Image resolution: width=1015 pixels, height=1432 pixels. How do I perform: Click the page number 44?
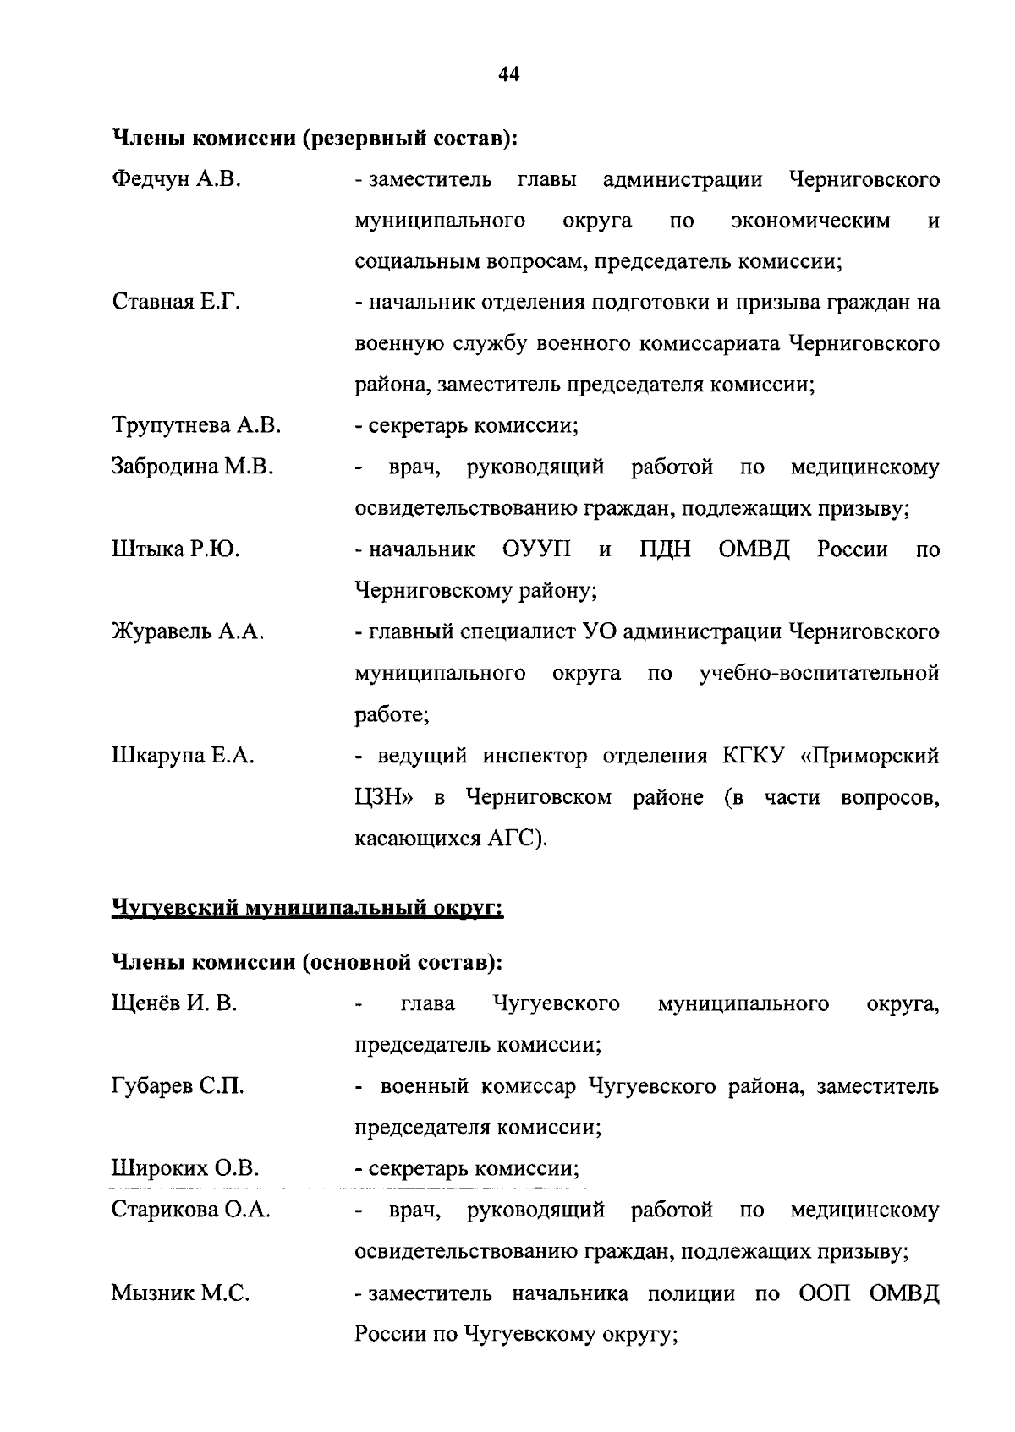[508, 74]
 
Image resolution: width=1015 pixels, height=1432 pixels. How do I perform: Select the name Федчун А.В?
[177, 179]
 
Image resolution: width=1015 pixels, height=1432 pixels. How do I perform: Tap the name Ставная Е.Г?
[176, 303]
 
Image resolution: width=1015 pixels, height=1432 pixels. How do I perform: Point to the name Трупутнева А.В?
[196, 426]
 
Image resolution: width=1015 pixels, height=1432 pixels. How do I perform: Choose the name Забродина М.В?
[192, 467]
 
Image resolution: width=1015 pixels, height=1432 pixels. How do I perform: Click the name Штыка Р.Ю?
[175, 550]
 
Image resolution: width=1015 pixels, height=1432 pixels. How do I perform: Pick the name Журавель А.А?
[188, 632]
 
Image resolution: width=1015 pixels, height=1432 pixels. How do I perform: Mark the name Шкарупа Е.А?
[183, 757]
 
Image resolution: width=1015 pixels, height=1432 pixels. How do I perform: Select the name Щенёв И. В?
[174, 1003]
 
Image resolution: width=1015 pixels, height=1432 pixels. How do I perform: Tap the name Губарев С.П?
[178, 1086]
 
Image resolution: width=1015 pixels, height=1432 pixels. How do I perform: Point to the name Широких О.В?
[185, 1169]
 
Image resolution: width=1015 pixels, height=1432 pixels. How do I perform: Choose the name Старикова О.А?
[191, 1211]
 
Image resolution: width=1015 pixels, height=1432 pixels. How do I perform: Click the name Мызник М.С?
[180, 1293]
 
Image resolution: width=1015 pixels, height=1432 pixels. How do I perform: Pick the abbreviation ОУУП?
[536, 550]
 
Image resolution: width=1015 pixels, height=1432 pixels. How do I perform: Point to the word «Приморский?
[870, 757]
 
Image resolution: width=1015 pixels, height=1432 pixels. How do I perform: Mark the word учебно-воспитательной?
[819, 674]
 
